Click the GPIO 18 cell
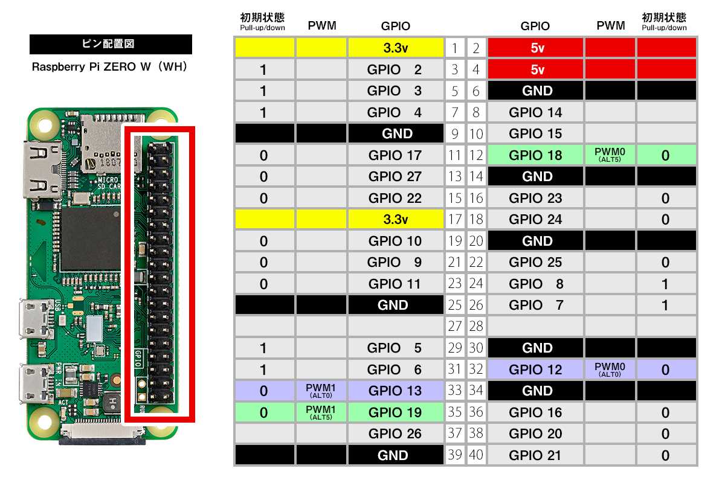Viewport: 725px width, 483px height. [535, 155]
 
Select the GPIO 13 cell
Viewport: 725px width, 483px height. [395, 391]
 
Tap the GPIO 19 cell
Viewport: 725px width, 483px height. [395, 412]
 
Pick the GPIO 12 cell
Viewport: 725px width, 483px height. [535, 369]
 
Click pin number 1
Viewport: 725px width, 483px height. [455, 48]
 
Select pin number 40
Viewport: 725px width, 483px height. [476, 455]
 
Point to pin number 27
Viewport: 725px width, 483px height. [455, 327]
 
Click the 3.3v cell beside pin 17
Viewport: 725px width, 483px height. [395, 219]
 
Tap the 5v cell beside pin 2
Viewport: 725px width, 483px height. [535, 48]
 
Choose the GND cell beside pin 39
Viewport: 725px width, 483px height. [395, 455]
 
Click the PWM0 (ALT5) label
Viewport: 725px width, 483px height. [610, 155]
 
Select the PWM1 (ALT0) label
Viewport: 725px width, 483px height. [321, 391]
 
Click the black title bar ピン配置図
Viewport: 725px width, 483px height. [111, 44]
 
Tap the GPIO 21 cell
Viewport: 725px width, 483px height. [535, 455]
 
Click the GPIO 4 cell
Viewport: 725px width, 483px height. [395, 112]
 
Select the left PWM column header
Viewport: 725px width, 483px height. [321, 26]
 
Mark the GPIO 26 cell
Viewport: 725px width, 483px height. [395, 433]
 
